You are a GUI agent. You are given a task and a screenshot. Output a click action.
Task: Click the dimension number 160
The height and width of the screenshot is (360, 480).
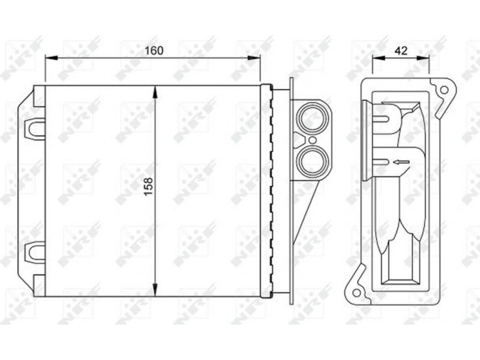click(154, 50)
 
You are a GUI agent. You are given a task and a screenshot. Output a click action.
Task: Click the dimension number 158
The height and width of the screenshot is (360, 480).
click(149, 187)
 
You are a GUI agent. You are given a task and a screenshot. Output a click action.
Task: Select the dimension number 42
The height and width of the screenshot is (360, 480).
click(401, 50)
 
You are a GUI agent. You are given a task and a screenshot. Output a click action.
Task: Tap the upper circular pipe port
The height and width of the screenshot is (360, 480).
click(313, 118)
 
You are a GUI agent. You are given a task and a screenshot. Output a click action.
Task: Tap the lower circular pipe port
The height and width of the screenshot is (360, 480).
click(313, 161)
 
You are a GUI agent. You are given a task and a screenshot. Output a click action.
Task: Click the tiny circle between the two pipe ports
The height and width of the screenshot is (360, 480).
click(312, 140)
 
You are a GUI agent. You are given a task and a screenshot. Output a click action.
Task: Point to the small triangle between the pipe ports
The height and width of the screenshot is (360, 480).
click(299, 140)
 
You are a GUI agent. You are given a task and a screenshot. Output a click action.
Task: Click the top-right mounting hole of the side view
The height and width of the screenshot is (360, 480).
click(443, 91)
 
